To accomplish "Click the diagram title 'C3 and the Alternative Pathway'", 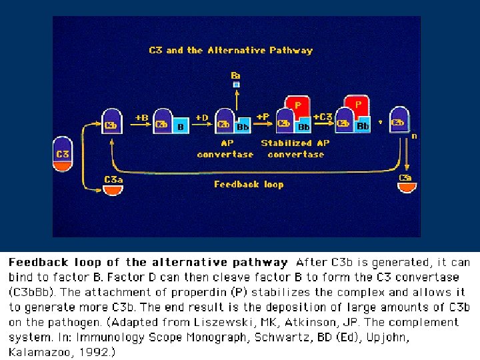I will [230, 50].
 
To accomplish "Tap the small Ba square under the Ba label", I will [236, 85].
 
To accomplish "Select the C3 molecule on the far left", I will [63, 155].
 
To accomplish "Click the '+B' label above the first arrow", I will [142, 117].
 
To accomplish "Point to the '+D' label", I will [201, 117].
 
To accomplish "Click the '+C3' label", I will [324, 117].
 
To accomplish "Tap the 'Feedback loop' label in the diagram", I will [249, 184].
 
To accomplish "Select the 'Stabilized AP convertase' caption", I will [295, 148].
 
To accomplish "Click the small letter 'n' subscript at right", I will [415, 136].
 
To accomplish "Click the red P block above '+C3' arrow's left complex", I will [298, 105].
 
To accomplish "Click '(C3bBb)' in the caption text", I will [34, 292].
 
